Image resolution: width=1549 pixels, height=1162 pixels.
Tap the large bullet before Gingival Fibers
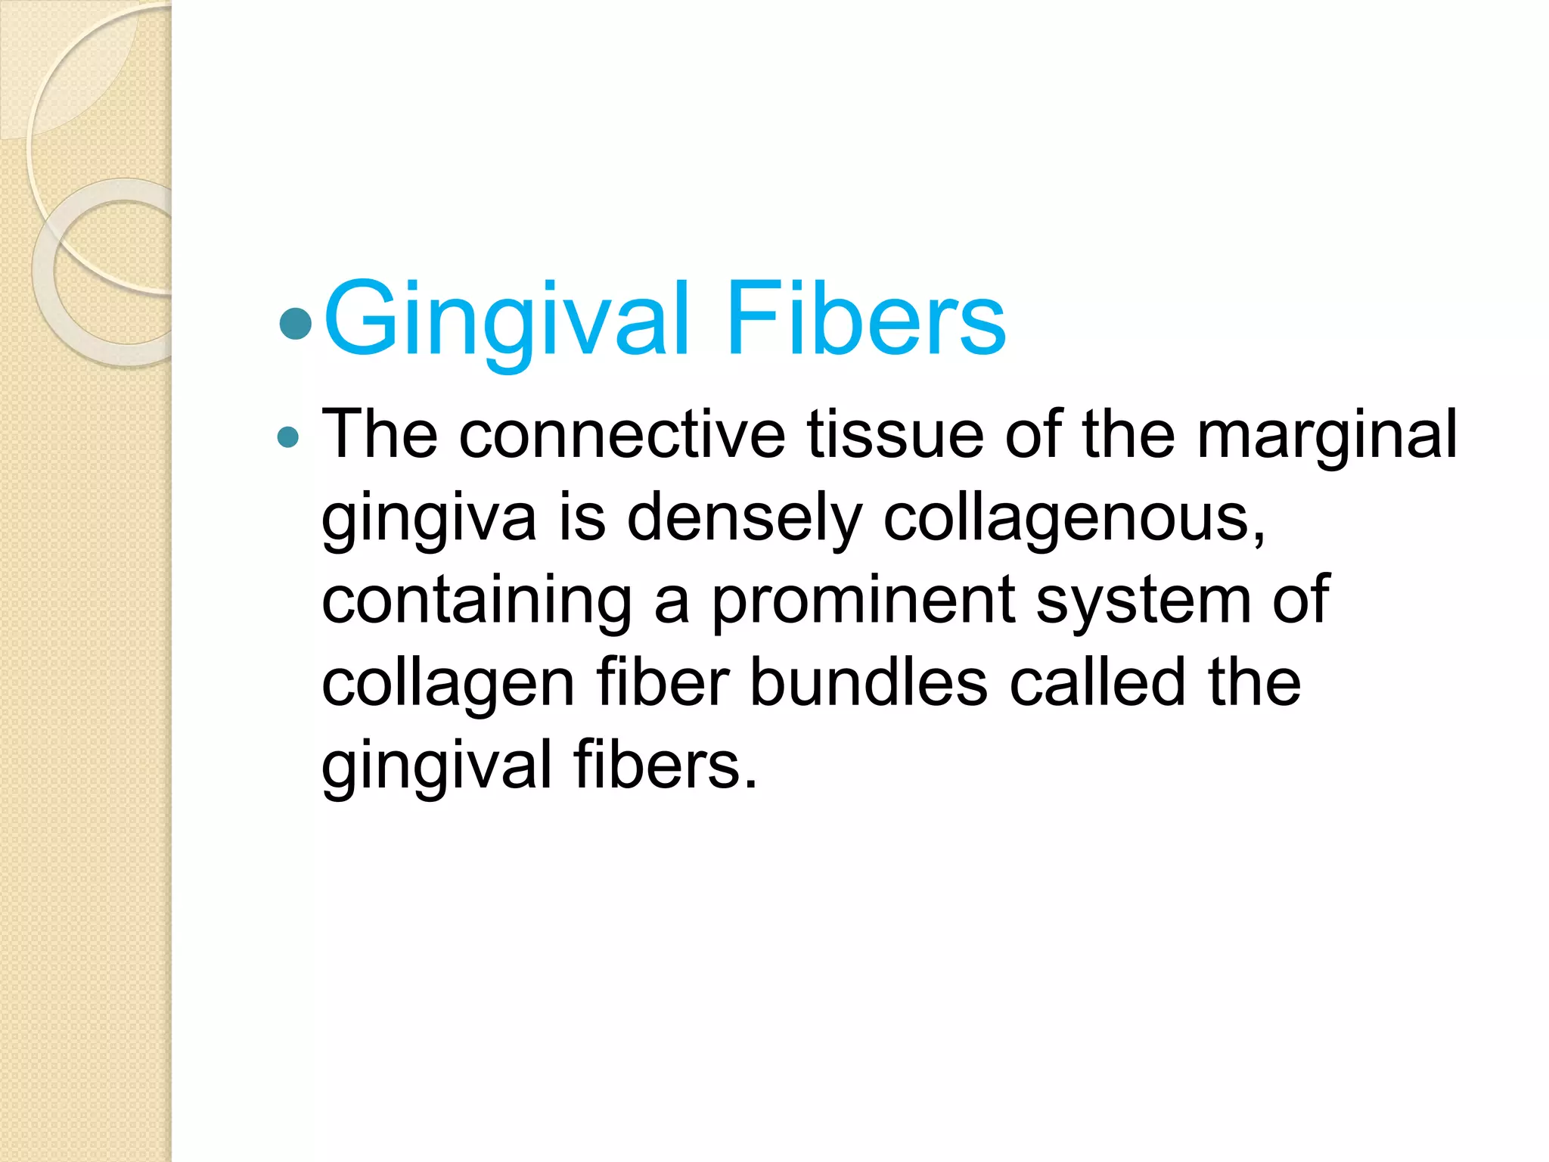point(295,323)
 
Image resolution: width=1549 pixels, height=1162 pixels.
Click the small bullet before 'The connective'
point(287,437)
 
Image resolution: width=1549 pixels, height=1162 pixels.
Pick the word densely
point(744,519)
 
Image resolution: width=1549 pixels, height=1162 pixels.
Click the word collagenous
point(1074,519)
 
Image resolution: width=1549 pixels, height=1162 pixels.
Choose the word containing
point(476,601)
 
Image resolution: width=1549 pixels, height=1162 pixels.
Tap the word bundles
point(868,683)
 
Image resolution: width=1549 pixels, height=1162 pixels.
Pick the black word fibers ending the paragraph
point(664,766)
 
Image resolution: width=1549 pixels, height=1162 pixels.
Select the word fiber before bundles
point(663,683)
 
